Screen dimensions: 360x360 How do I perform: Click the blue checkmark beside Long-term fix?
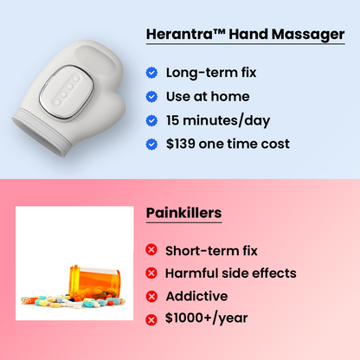[x=152, y=73]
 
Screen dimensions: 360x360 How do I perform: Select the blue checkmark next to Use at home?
[x=152, y=96]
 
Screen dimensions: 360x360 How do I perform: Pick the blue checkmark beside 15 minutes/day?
[x=152, y=120]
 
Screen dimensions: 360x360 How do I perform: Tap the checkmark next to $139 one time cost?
[x=152, y=144]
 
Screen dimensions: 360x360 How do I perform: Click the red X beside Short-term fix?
[x=152, y=251]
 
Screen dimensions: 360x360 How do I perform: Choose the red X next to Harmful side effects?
[x=152, y=273]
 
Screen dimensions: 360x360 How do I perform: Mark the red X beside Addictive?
[x=152, y=297]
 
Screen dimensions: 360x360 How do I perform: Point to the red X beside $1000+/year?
[x=152, y=319]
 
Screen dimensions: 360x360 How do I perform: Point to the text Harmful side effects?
[x=231, y=273]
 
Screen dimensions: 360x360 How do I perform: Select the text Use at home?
[x=208, y=96]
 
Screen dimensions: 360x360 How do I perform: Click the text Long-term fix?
[x=211, y=73]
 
